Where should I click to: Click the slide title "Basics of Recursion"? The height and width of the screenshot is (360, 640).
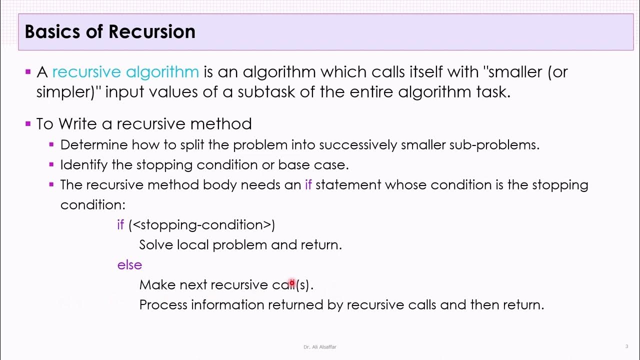click(110, 32)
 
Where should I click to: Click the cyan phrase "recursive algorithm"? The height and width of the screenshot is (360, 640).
click(125, 72)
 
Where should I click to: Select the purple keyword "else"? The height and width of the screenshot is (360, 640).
click(129, 265)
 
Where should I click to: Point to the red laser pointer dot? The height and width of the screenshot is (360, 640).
click(292, 283)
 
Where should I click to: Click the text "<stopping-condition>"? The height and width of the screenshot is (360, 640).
click(202, 225)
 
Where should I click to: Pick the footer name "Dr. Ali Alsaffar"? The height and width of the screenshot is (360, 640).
click(319, 347)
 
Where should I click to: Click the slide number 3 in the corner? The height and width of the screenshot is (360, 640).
click(626, 346)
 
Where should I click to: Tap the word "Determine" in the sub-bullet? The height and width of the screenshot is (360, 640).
click(94, 145)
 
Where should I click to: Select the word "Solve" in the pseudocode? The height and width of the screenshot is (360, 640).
click(156, 245)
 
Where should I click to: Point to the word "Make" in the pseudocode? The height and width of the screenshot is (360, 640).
click(157, 285)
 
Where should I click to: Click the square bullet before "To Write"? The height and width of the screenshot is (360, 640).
click(28, 123)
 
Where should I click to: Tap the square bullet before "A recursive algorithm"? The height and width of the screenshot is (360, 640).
click(28, 72)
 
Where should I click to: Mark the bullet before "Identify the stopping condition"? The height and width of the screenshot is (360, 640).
click(51, 164)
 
